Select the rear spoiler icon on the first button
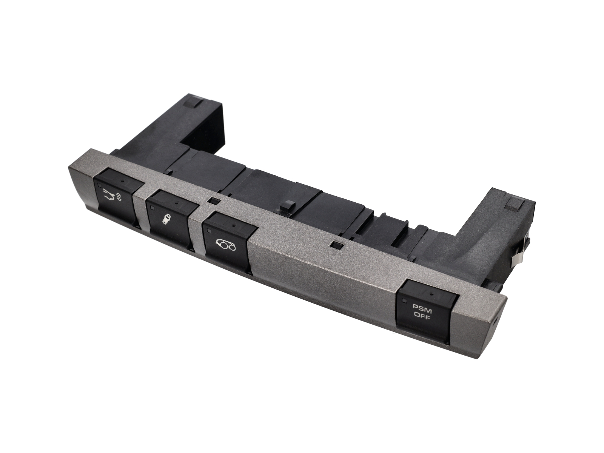(109, 196)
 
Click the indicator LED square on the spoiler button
(99, 185)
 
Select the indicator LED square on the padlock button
(152, 208)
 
